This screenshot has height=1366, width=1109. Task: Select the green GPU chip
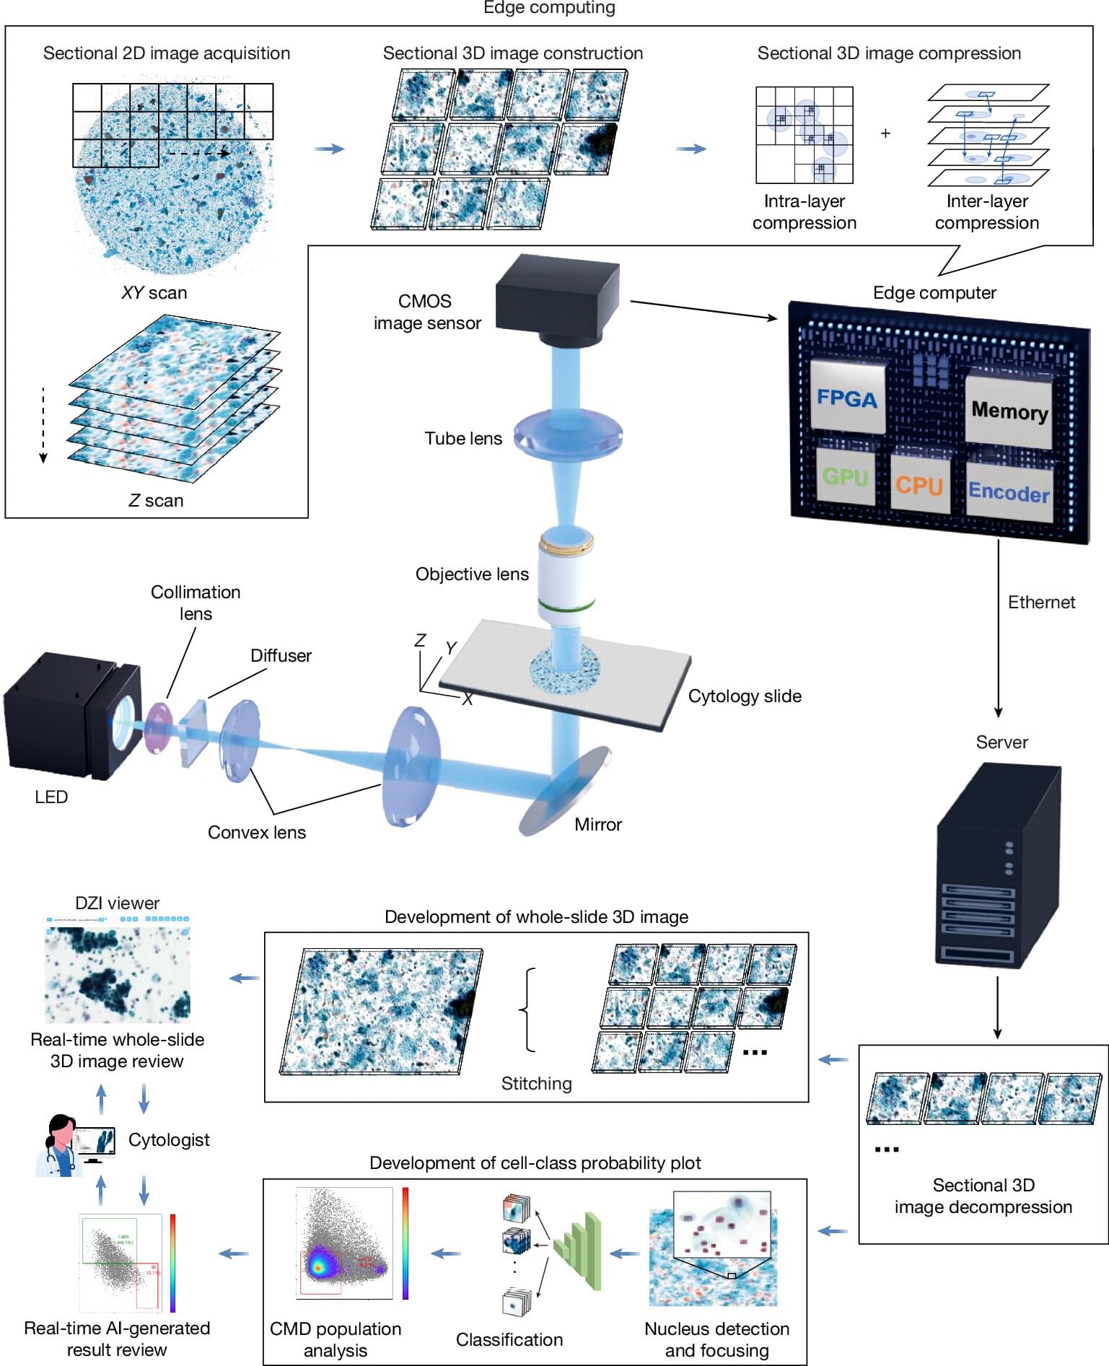[x=845, y=476]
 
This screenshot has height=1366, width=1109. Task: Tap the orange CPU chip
[x=919, y=484]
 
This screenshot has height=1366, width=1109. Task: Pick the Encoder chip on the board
[x=1008, y=491]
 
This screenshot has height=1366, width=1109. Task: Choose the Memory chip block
[x=1009, y=410]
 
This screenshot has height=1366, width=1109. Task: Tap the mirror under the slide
[x=565, y=790]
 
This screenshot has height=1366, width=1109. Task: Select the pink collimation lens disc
[x=158, y=727]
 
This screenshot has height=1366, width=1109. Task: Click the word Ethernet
[x=1040, y=602]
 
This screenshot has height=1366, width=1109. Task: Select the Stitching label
[x=536, y=1083]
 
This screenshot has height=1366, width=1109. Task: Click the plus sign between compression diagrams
[x=885, y=133]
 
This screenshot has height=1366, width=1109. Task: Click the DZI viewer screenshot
[x=118, y=969]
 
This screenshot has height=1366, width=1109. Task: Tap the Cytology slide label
[x=745, y=696]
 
